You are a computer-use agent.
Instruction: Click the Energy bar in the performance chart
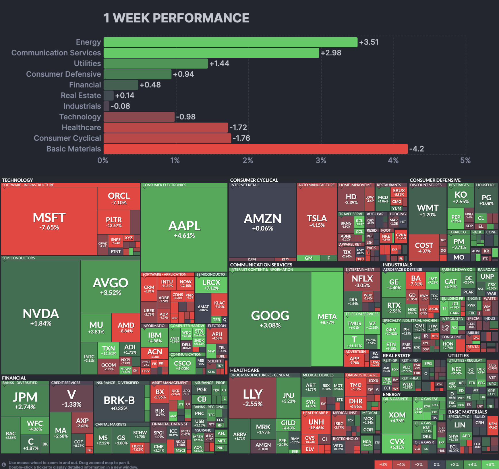click(x=230, y=42)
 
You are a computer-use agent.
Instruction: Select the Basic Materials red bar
click(x=256, y=149)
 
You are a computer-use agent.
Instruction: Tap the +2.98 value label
click(x=331, y=53)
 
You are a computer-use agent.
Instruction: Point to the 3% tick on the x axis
click(x=321, y=160)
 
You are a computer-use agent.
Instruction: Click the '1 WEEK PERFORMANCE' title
click(x=176, y=18)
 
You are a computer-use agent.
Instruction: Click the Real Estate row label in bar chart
click(x=81, y=96)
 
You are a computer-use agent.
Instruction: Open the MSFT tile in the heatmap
click(x=49, y=221)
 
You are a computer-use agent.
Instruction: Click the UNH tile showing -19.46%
click(x=316, y=424)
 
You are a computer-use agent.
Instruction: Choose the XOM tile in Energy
click(x=397, y=417)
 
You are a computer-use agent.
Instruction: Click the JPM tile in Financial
click(x=25, y=400)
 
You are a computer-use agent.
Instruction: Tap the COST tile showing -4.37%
click(x=424, y=247)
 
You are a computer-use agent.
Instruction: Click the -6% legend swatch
click(x=383, y=464)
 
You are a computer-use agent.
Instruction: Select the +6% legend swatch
click(x=490, y=464)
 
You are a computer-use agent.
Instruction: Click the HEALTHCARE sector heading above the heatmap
click(x=245, y=370)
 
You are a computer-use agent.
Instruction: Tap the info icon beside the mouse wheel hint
click(x=4, y=464)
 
